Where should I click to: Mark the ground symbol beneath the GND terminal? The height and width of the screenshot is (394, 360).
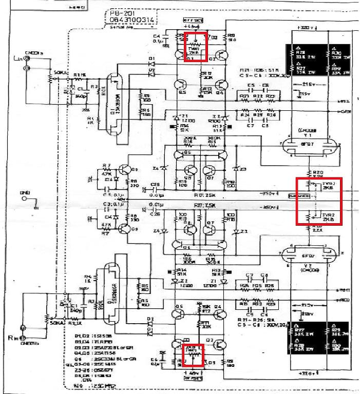pyautogui.click(x=34, y=208)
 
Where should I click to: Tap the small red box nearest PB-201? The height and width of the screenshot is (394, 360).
pyautogui.click(x=196, y=47)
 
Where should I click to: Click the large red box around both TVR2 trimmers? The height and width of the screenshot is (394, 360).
pyautogui.click(x=319, y=201)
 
